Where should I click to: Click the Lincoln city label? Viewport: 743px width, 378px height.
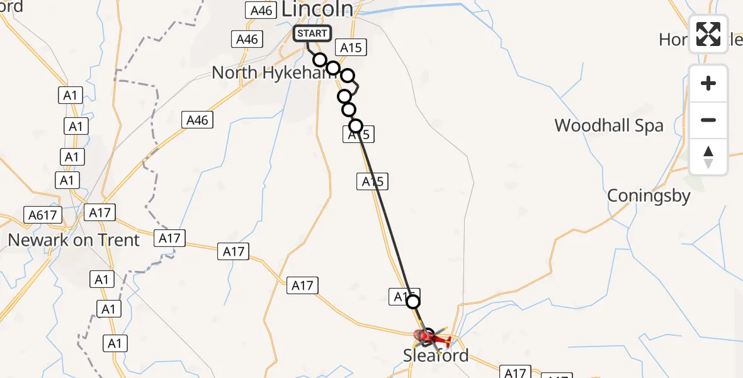(317, 9)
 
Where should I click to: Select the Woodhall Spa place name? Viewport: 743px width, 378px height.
(609, 125)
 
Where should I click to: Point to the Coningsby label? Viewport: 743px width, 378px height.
(649, 196)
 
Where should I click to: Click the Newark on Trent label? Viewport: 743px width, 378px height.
(74, 240)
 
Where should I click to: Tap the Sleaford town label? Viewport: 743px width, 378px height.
(436, 356)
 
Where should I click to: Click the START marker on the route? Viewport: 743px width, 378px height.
(312, 33)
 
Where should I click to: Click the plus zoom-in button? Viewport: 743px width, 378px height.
(708, 83)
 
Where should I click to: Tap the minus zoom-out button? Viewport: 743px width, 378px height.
(708, 120)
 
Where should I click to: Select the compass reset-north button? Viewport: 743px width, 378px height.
(708, 156)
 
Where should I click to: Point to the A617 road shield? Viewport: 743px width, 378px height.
(43, 215)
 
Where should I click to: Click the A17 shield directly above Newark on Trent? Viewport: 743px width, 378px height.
(99, 212)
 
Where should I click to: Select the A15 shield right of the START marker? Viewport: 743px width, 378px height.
(351, 48)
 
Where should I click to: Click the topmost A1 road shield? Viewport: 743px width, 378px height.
(70, 95)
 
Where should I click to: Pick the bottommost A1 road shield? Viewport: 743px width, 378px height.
(115, 343)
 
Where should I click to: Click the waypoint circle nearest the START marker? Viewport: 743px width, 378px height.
(320, 60)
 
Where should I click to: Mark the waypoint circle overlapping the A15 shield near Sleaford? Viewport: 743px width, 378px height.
(413, 302)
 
